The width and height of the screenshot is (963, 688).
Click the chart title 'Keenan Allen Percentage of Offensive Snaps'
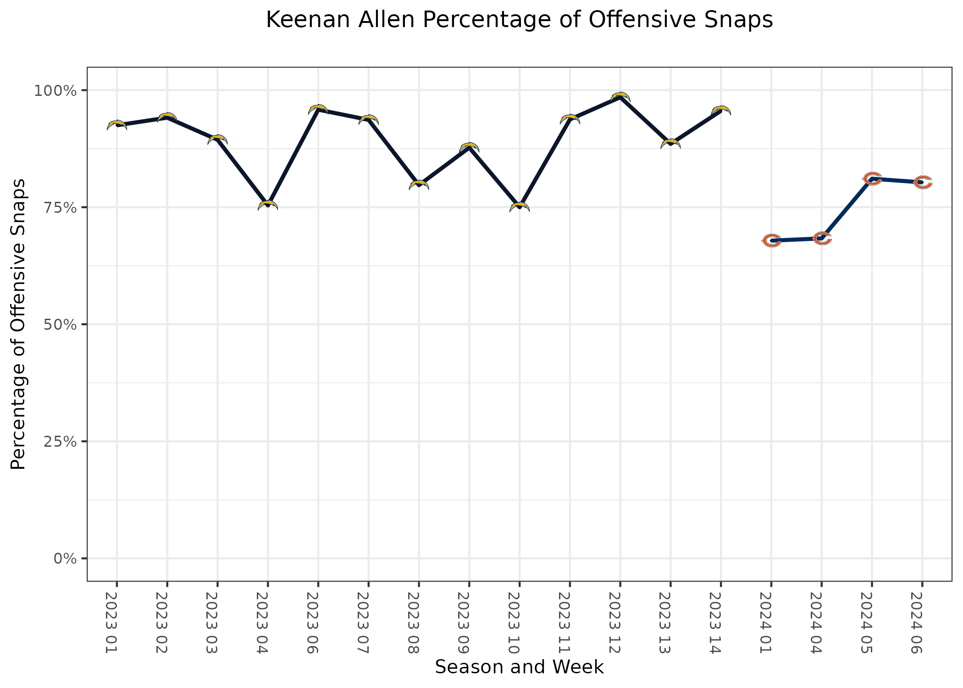tap(519, 21)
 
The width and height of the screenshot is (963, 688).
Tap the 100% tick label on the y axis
tap(55, 90)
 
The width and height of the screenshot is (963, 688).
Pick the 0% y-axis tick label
tap(65, 559)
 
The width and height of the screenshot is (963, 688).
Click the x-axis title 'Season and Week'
tap(519, 667)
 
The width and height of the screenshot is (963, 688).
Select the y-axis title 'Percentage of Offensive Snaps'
tap(18, 324)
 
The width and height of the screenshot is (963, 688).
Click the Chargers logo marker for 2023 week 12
tap(620, 97)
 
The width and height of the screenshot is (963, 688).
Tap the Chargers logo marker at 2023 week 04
tap(268, 205)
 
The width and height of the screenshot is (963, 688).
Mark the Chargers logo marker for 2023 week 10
tap(520, 207)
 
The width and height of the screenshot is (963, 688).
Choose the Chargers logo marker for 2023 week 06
tap(318, 109)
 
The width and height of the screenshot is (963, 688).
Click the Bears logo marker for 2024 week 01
tap(771, 240)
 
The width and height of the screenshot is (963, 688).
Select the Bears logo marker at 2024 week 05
tap(872, 178)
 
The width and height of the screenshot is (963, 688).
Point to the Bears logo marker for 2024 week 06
tap(922, 182)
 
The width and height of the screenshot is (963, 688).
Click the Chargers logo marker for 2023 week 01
tap(117, 125)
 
